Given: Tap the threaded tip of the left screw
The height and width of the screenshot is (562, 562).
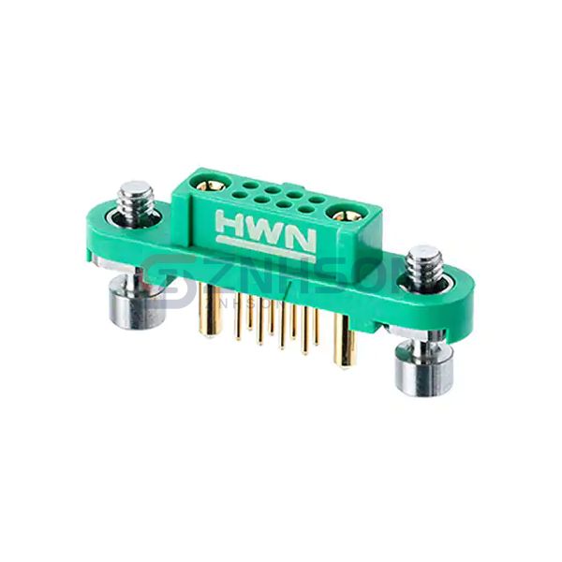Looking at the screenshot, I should coord(137,199).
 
